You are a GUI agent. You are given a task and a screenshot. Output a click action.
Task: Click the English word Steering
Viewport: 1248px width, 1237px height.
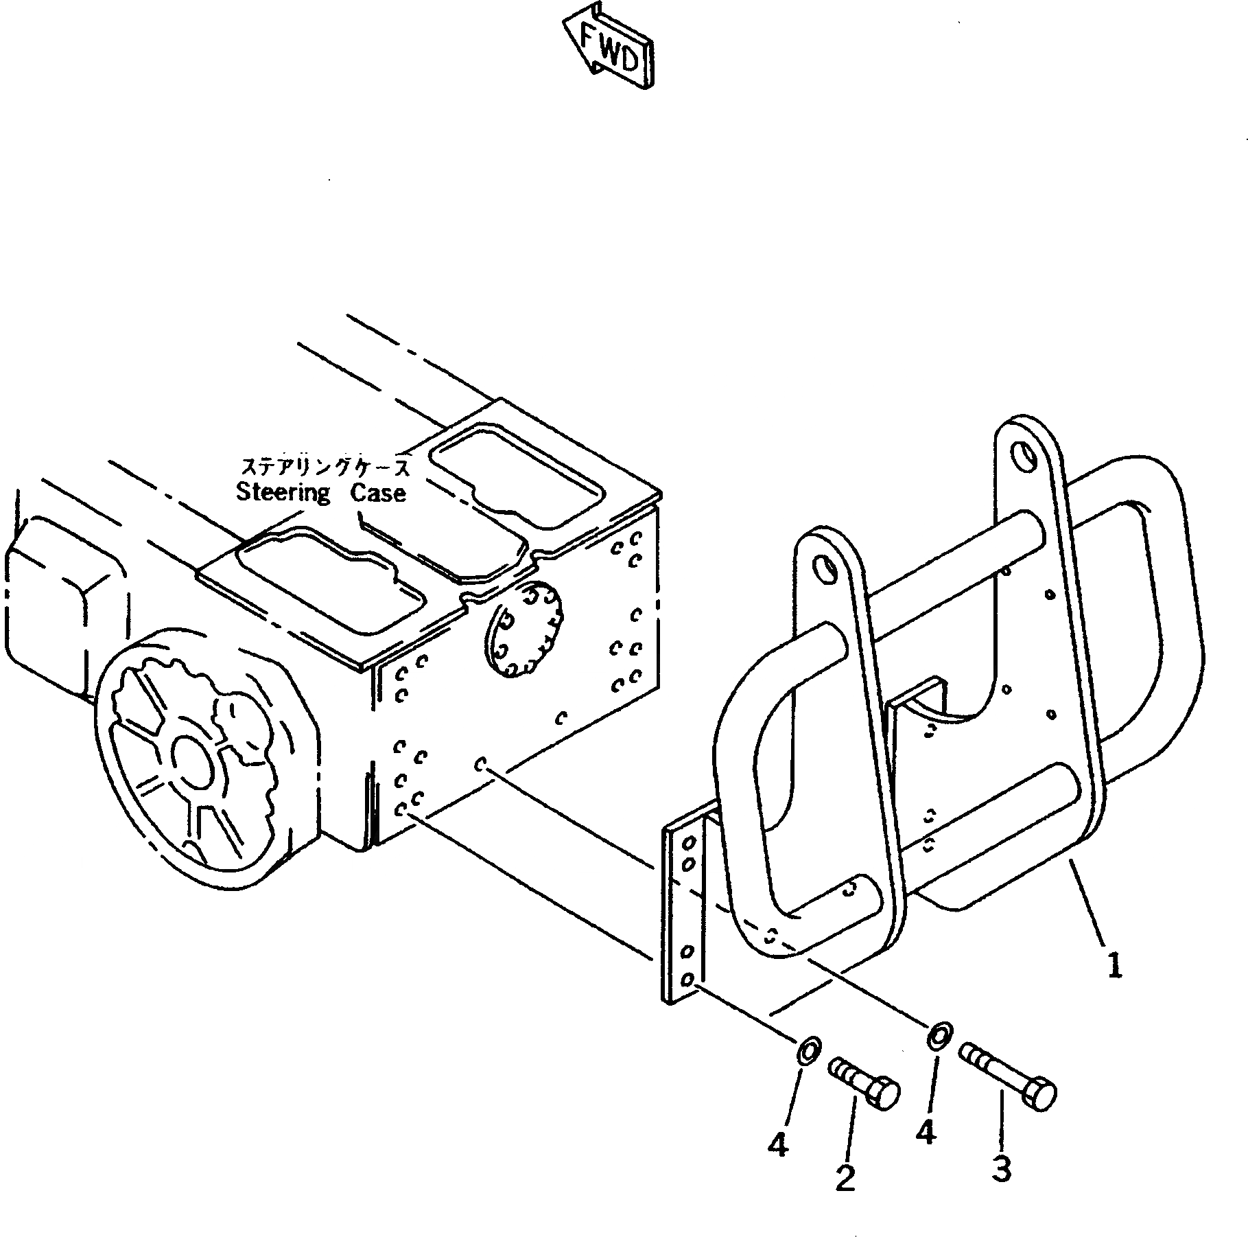(283, 493)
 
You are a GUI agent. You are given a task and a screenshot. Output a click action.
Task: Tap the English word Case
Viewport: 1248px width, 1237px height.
(378, 493)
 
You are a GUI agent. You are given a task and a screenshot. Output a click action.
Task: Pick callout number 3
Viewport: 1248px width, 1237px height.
(1002, 1168)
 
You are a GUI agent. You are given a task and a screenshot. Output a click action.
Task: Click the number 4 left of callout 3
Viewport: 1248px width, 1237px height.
(926, 1133)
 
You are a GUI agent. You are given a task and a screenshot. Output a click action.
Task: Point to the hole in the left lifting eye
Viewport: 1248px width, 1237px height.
(824, 566)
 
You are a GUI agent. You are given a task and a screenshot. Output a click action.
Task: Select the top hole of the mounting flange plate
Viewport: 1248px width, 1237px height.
(690, 842)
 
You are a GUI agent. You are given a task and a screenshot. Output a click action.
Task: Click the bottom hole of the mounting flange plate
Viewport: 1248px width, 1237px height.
(690, 978)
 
